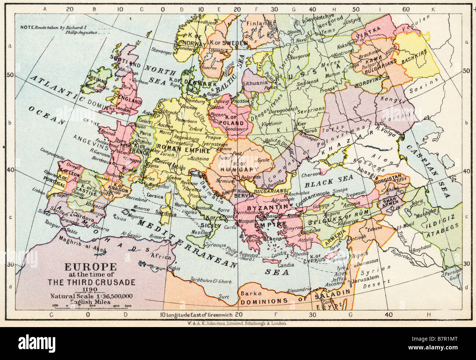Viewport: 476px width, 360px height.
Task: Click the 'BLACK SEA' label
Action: click(x=328, y=180)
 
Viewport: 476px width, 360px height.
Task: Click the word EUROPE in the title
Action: click(x=85, y=267)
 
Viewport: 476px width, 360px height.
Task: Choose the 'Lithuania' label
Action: click(x=256, y=83)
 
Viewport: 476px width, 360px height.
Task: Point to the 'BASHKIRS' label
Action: click(x=415, y=63)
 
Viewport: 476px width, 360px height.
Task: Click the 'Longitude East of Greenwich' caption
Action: click(x=199, y=315)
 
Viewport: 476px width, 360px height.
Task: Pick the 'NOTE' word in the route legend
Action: click(x=27, y=27)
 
